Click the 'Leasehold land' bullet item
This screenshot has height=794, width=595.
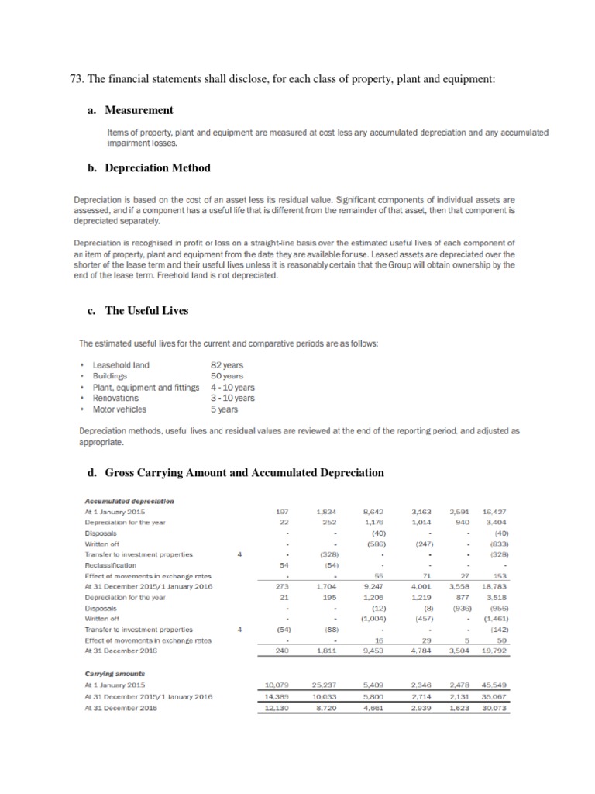(x=121, y=365)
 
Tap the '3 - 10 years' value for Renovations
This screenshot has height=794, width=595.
(x=232, y=398)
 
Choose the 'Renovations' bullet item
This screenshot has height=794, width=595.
(x=115, y=398)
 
